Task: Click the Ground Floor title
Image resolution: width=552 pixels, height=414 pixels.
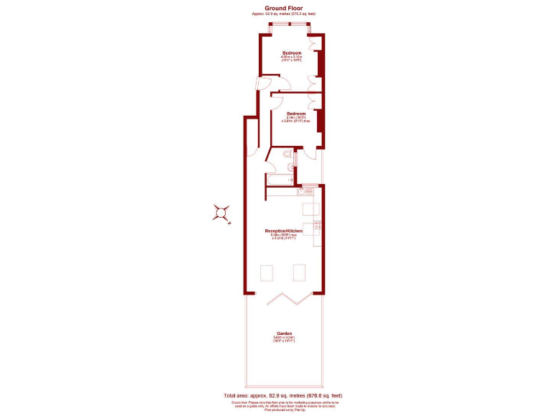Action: coord(283,9)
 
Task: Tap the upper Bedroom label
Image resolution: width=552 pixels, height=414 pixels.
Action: coord(291,53)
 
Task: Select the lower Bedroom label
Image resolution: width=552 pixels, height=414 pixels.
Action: coord(296,114)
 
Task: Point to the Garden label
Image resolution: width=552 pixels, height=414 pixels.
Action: coord(284,333)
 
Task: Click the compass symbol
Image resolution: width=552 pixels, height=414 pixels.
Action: coord(222,213)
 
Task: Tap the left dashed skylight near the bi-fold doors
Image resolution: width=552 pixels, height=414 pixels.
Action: coord(267,272)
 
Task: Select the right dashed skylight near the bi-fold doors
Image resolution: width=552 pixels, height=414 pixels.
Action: coord(300,272)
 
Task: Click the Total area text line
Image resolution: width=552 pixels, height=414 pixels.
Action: coord(282,395)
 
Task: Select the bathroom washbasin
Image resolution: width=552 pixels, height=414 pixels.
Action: coord(291,168)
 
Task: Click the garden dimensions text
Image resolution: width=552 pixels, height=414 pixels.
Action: coord(284,339)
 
